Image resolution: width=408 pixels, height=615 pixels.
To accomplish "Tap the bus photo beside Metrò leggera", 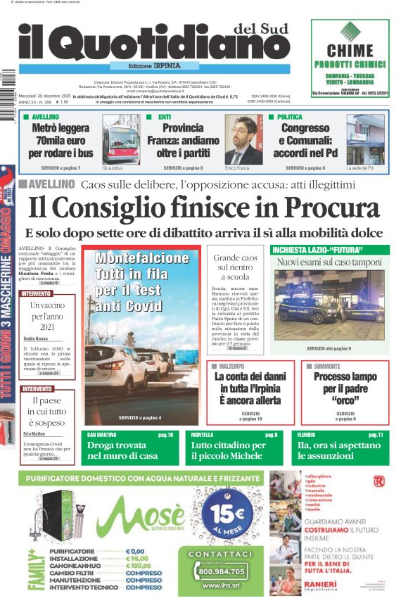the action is coord(120,140).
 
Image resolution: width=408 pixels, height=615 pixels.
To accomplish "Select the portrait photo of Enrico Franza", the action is coord(243,139).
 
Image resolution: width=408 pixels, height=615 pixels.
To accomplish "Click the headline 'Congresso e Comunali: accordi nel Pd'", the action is coord(305,139).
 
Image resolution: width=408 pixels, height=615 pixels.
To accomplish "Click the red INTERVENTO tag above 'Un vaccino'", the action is coord(36,293).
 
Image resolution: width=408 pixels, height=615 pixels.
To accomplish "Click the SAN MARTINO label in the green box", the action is coord(102,435).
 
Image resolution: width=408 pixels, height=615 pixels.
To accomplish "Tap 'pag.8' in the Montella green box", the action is coord(271,435).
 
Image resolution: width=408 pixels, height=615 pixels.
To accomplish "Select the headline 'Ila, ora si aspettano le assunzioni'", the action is coord(340,450).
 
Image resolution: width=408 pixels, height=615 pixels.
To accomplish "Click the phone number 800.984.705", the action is coord(216,571).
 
